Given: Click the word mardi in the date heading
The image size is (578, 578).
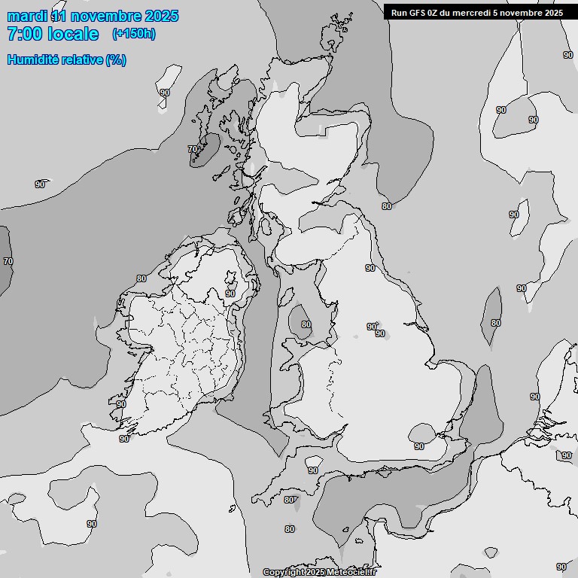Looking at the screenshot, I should click(x=26, y=16).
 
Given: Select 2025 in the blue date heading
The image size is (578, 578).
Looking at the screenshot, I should click(x=160, y=16).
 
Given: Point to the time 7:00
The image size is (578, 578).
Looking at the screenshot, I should click(x=25, y=34).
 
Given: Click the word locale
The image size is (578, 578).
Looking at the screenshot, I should click(x=74, y=34).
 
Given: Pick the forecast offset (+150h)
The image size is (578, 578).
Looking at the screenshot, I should click(x=134, y=34).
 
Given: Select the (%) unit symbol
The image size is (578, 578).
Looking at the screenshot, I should click(x=116, y=60).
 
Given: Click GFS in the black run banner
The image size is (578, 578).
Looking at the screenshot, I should click(x=421, y=13).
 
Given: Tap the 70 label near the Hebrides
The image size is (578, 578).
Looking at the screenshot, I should click(x=193, y=149).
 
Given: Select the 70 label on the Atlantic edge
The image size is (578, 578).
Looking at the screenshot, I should click(x=8, y=261).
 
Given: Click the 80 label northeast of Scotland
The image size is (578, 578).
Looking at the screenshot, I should click(x=387, y=205).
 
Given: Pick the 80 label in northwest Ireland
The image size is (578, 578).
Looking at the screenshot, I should click(x=141, y=278).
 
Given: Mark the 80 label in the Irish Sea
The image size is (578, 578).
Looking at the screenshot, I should click(x=306, y=325).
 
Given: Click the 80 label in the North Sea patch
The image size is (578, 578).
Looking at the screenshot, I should click(x=495, y=323).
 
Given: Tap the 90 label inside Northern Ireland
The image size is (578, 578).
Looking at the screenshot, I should click(x=230, y=294).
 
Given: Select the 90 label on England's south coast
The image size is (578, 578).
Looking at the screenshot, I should click(x=419, y=446).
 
